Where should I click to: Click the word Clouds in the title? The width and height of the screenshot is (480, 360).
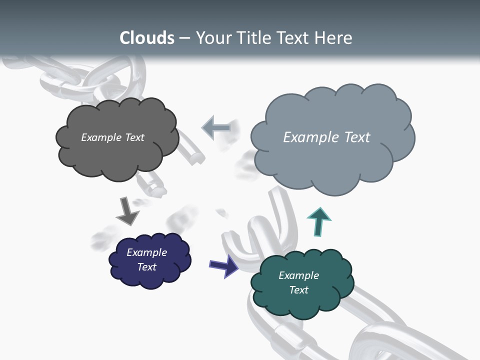(147, 38)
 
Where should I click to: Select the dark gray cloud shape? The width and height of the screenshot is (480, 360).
(117, 157)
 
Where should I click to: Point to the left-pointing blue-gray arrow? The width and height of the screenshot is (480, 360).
(216, 128)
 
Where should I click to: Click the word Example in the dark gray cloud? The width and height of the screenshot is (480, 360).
(101, 137)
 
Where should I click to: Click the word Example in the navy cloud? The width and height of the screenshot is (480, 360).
(146, 252)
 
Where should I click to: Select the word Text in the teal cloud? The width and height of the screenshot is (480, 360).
(298, 290)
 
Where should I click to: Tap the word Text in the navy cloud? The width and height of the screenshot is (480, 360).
(146, 267)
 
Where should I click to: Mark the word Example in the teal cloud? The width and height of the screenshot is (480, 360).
(298, 275)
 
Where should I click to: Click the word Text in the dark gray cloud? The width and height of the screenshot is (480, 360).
(134, 137)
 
